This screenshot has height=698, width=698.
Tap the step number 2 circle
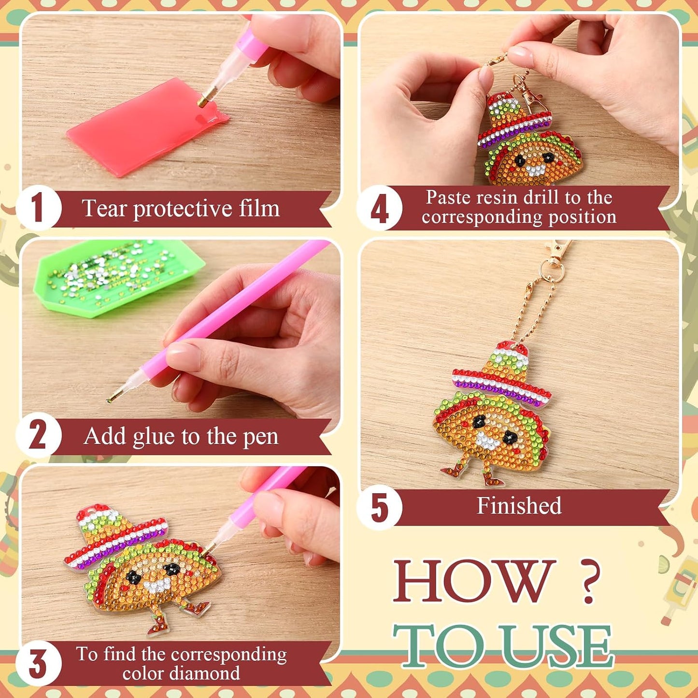(38, 436)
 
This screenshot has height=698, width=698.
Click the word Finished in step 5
(519, 505)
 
